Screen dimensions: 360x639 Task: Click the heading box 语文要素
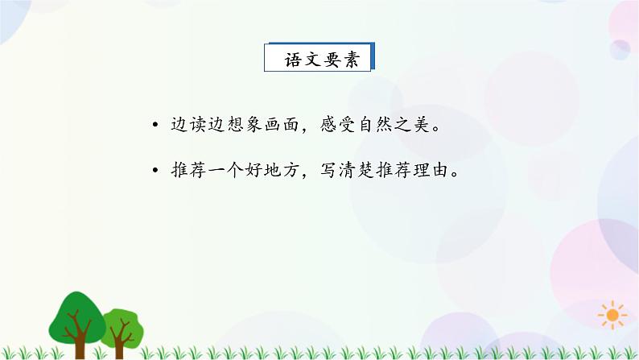[x=320, y=60]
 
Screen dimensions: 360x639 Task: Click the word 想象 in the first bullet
[x=240, y=126]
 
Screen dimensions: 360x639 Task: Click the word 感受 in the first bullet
[x=336, y=126]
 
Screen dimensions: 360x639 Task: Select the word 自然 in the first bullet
[x=379, y=126]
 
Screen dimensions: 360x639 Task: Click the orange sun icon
[x=612, y=314]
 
